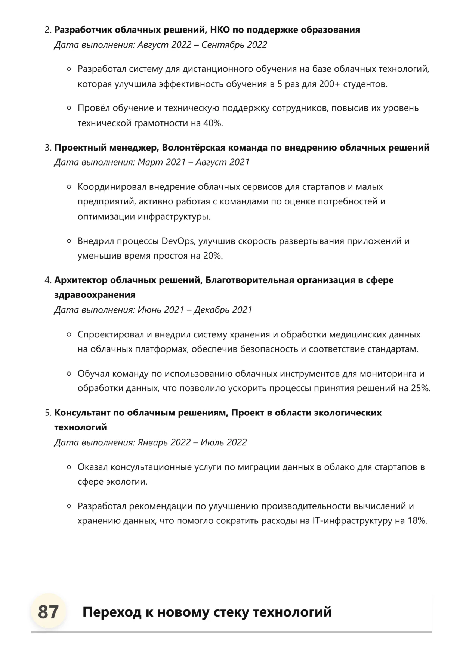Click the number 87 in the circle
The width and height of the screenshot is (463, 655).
(48, 612)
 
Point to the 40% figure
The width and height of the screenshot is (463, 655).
(213, 123)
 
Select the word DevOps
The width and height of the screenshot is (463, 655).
(178, 241)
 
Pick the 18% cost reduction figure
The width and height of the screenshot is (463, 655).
(417, 521)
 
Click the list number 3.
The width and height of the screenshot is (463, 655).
(47, 148)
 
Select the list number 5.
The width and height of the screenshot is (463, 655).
(47, 413)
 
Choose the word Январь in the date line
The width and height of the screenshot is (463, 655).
(152, 442)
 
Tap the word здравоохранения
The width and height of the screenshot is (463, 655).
(95, 295)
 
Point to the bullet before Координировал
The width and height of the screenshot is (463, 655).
(69, 187)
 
